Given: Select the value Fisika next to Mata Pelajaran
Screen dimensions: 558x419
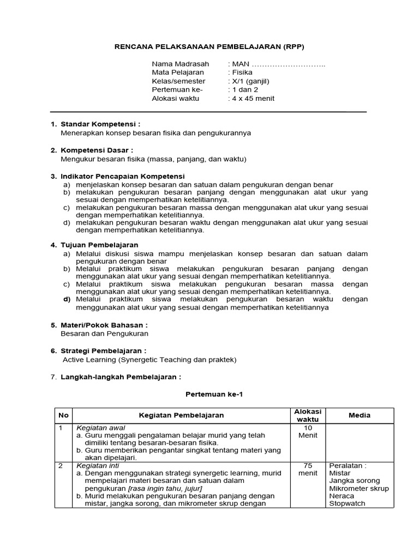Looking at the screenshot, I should [x=239, y=72].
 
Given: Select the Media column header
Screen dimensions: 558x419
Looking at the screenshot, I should [x=360, y=415].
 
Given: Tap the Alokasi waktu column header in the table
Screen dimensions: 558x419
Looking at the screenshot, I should [x=308, y=415].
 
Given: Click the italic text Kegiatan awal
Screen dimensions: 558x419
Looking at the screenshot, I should [x=101, y=428].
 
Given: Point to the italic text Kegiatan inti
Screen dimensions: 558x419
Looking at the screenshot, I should [x=99, y=466].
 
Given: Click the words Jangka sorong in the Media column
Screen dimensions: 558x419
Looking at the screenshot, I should [x=354, y=481].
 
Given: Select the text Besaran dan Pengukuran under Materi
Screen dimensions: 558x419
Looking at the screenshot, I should [x=104, y=333].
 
